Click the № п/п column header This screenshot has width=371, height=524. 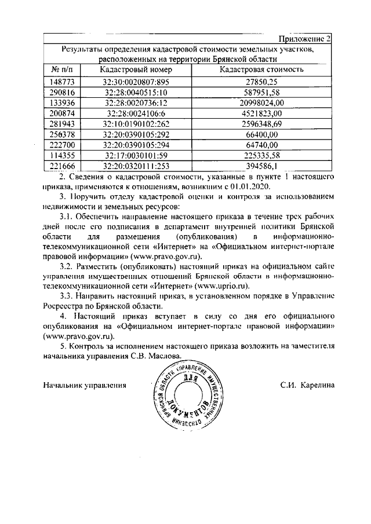point(61,69)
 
